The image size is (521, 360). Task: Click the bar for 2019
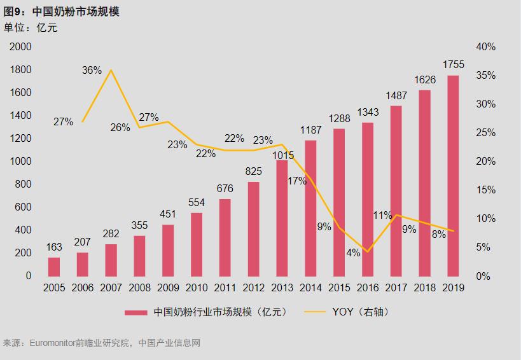coord(453,176)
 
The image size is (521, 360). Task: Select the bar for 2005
coord(54,267)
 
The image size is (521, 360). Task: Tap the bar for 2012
coord(254,229)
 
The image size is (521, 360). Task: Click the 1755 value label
coord(454,64)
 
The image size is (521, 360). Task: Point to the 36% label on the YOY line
coord(92,70)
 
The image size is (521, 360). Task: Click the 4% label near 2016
coord(354,253)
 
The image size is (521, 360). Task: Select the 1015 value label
coord(282,155)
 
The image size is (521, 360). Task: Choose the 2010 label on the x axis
coord(197,287)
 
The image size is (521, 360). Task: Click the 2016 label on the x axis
coord(368,287)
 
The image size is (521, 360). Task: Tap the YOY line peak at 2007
coord(111,70)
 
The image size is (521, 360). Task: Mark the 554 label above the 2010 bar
coord(197,202)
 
